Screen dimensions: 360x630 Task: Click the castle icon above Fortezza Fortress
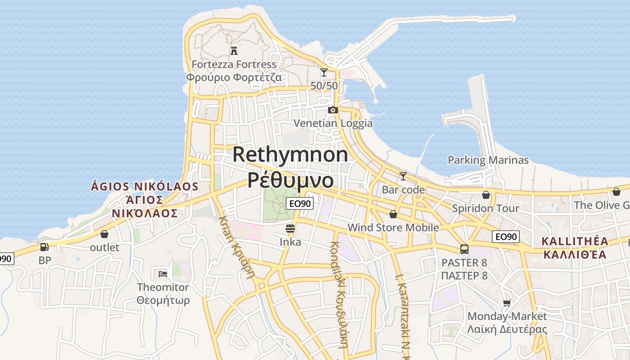[234, 50]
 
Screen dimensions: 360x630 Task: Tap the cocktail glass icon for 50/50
[324, 72]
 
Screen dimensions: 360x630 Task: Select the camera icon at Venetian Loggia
[333, 110]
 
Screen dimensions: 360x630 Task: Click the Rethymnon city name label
[290, 154]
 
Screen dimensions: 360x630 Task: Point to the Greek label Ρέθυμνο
[291, 180]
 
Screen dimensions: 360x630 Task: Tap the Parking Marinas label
[488, 160]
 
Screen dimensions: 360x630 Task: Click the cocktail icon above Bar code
[403, 176]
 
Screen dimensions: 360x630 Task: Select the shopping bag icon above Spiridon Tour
[486, 195]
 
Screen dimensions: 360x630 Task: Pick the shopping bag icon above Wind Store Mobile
[393, 214]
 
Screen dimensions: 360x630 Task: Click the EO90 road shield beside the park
[300, 203]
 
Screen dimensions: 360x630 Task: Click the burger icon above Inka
[290, 229]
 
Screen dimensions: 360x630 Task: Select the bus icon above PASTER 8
[464, 249]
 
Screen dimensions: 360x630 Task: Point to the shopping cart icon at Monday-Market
[507, 303]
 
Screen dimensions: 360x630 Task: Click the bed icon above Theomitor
[163, 274]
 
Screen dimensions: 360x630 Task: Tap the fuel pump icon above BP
[44, 247]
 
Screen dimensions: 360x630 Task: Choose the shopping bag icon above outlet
[104, 234]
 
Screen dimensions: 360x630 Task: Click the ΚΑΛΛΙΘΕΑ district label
[575, 255]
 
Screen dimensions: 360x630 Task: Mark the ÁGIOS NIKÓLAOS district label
[144, 186]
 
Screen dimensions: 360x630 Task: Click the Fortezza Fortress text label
[234, 64]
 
